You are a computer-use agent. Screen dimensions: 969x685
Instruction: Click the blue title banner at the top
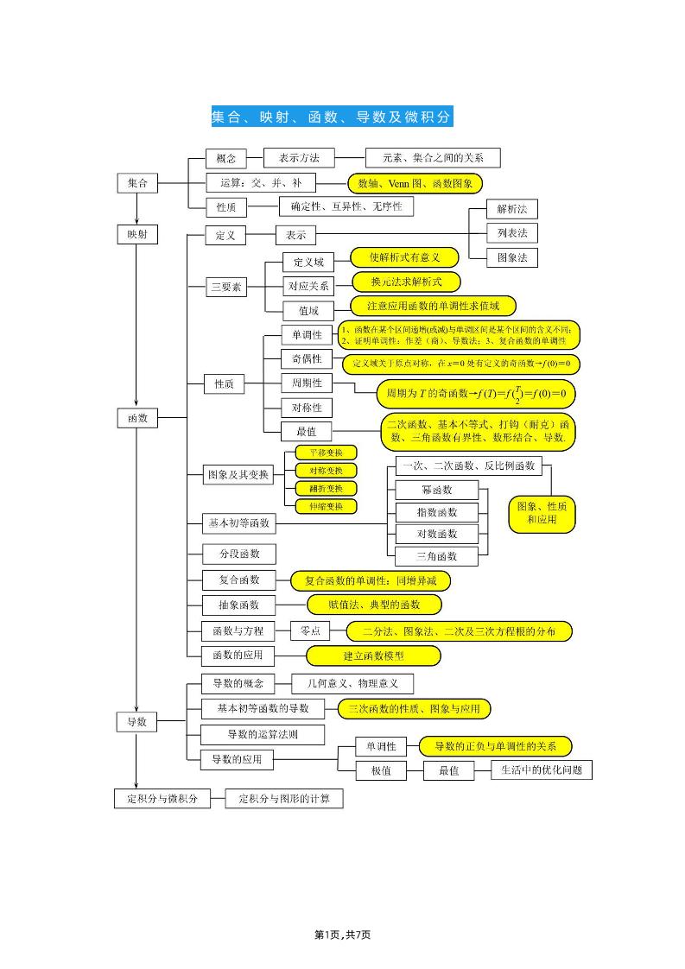[332, 117]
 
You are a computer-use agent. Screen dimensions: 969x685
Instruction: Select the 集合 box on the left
[137, 183]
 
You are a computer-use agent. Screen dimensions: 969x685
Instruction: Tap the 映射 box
[137, 234]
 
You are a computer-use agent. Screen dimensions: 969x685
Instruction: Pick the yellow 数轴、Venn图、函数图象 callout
[415, 183]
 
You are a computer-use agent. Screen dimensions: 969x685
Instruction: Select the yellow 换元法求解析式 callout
[406, 282]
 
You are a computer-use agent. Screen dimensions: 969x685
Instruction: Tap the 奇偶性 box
[306, 358]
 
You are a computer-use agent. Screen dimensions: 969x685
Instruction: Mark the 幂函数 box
[437, 490]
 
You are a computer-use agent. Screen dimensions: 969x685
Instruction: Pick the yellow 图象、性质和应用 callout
[542, 513]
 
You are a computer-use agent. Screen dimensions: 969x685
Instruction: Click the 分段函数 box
[232, 553]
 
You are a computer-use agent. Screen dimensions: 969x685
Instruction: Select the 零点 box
[310, 631]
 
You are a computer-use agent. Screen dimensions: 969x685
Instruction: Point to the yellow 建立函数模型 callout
[373, 656]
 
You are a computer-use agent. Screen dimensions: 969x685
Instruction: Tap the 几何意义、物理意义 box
[352, 684]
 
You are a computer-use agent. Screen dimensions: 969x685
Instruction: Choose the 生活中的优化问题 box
[542, 769]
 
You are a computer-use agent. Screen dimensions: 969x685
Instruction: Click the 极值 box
[380, 770]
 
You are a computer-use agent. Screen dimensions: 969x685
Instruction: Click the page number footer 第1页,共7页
[343, 934]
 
